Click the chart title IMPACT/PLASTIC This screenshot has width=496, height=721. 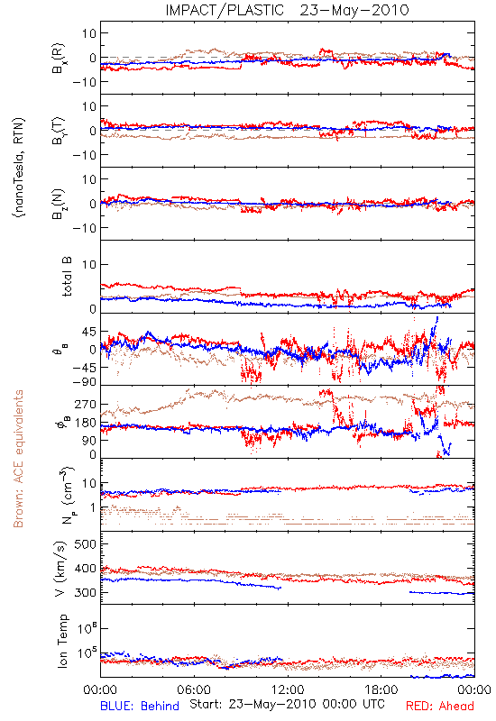tap(225, 10)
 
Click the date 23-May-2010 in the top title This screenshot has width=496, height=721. tap(354, 10)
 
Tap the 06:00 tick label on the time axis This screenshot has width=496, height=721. tap(194, 689)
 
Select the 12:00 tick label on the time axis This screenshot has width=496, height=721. tap(288, 689)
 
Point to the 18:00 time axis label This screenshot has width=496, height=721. tap(381, 689)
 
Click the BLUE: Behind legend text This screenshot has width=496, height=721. tap(140, 706)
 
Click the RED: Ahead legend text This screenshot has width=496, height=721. tap(439, 706)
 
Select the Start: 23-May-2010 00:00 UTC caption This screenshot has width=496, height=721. tap(287, 704)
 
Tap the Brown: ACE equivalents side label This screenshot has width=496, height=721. tap(18, 459)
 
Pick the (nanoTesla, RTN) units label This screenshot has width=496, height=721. tap(19, 168)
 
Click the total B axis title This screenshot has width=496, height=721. tap(66, 277)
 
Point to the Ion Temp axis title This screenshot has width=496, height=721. tap(62, 641)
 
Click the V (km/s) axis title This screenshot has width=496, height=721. tap(60, 569)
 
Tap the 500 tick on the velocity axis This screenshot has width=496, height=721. tap(85, 544)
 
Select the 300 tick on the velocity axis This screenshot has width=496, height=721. tap(85, 592)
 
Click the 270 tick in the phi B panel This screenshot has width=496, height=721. tap(85, 404)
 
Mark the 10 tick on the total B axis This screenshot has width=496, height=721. tap(88, 265)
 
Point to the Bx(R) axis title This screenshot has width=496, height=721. tap(59, 59)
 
